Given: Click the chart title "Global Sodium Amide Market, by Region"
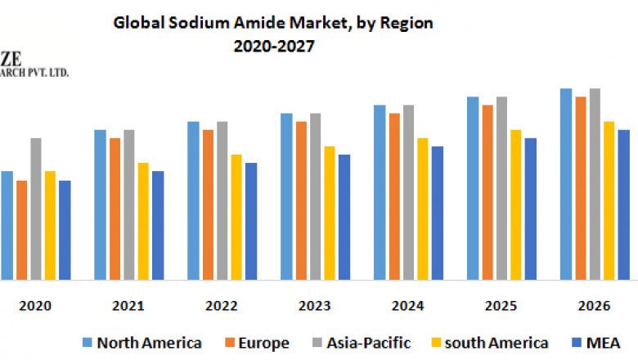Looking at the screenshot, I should click(x=273, y=24).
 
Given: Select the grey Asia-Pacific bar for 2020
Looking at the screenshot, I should click(x=36, y=209).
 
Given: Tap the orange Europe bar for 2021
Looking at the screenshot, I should click(x=115, y=209).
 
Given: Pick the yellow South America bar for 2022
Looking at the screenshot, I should click(x=236, y=217).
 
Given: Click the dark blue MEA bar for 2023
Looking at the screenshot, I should click(x=344, y=217).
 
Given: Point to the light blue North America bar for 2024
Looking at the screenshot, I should click(x=380, y=192).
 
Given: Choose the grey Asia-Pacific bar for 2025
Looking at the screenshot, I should click(x=501, y=188).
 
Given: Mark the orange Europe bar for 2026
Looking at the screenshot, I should click(x=581, y=188).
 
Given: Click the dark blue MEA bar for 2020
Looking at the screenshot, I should click(x=65, y=230).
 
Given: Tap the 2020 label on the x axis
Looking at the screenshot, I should click(x=35, y=305).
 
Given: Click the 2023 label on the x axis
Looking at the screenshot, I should click(x=315, y=305).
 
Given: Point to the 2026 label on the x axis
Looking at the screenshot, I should click(x=595, y=305).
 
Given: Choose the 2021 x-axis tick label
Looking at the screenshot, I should click(x=128, y=305).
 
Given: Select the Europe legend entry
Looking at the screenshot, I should click(x=254, y=343).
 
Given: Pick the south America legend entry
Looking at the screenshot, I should click(x=490, y=343).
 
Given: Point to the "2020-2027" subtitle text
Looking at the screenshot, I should click(x=273, y=47).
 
